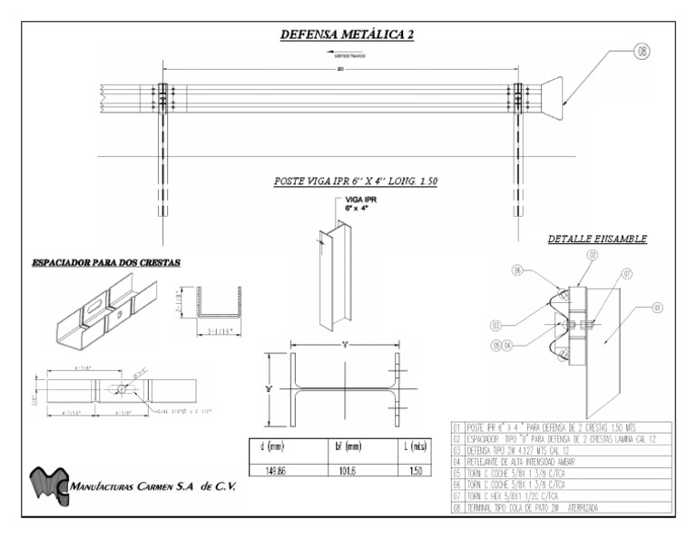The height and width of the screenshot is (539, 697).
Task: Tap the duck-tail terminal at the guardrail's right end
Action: (549, 96)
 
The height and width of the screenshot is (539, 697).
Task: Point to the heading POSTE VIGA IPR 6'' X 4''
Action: (355, 181)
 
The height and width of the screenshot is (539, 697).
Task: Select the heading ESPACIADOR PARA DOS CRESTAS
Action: (106, 262)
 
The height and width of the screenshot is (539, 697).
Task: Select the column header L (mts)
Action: (414, 447)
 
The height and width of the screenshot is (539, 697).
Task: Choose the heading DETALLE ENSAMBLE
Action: (596, 240)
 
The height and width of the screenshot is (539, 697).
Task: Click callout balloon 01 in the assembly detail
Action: (655, 309)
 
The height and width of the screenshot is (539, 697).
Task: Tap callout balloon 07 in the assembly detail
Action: (627, 272)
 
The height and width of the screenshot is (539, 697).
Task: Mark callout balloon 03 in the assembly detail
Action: (496, 324)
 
